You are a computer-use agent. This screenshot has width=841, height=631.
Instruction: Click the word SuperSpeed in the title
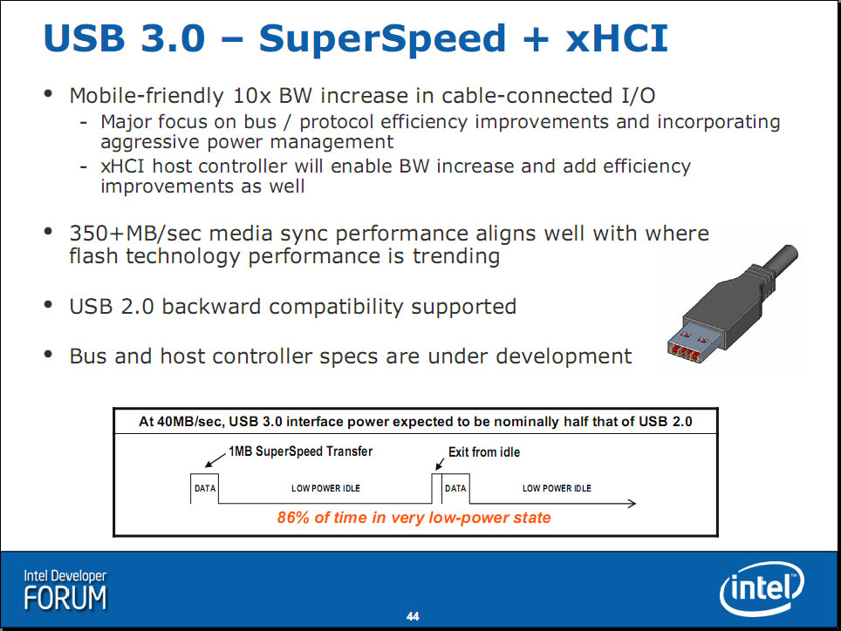point(382,38)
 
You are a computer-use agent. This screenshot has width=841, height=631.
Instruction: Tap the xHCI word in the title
point(617,38)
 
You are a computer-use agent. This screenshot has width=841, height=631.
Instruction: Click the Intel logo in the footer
point(762,588)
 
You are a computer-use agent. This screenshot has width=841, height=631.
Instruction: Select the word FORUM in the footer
point(65,598)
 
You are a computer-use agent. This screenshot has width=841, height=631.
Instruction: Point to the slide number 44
point(413,616)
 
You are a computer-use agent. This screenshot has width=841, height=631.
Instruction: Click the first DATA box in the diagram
point(204,489)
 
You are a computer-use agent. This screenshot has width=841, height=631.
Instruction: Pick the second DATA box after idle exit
point(455,489)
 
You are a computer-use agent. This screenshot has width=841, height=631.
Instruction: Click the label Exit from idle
point(484,452)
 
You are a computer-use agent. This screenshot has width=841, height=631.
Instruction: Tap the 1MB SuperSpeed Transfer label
point(300,451)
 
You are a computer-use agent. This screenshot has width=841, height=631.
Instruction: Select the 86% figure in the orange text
point(293,518)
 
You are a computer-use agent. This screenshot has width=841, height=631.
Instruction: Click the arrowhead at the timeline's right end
point(632,503)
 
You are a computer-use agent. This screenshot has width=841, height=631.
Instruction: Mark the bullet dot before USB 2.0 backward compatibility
point(48,305)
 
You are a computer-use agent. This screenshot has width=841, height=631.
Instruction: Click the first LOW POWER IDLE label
point(325,489)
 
